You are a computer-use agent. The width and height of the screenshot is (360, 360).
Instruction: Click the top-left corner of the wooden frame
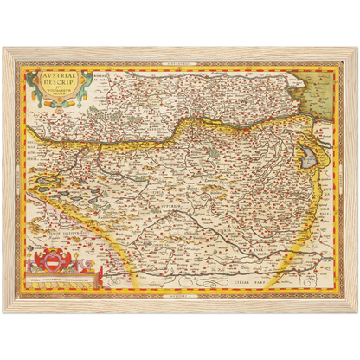6,48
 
